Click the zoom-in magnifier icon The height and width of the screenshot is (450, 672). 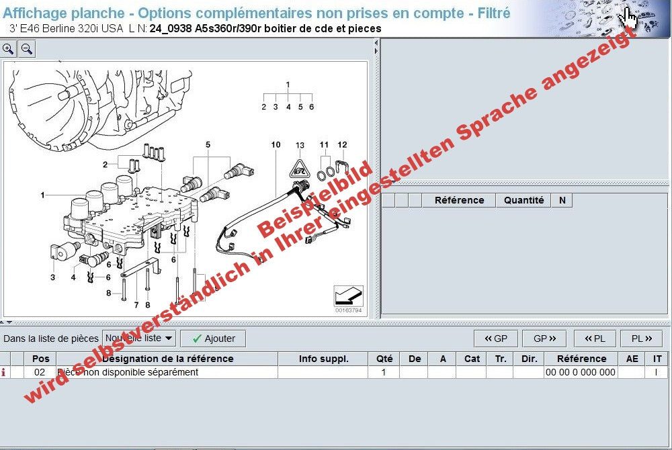9,49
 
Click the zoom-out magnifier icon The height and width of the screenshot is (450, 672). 27,49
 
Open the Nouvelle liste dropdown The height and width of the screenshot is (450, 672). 139,339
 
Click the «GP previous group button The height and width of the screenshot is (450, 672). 495,339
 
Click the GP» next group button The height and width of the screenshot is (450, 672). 544,339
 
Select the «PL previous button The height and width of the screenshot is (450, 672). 594,339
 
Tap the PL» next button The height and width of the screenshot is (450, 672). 642,339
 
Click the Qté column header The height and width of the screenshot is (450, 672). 384,359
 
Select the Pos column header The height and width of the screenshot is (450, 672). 41,359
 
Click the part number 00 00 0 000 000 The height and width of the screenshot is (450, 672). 580,372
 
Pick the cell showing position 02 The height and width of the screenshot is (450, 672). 40,372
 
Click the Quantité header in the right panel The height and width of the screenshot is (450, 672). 523,200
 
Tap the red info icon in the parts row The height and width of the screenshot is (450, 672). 5,372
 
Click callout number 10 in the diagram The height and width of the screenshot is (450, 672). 276,144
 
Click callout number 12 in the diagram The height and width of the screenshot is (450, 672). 342,144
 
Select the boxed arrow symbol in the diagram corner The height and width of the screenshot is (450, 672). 348,296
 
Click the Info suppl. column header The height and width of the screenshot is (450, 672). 323,359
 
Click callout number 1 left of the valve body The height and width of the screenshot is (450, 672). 42,195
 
